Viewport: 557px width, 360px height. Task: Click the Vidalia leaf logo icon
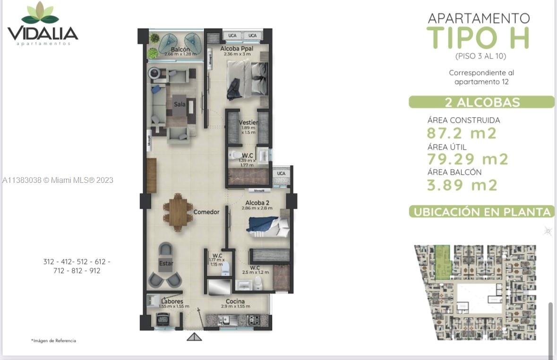click(40, 13)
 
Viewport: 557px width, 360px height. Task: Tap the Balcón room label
click(180, 50)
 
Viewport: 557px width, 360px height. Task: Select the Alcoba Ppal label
click(237, 49)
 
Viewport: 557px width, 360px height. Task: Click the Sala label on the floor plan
click(180, 104)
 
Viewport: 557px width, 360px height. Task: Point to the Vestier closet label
click(248, 122)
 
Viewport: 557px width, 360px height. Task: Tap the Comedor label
click(206, 212)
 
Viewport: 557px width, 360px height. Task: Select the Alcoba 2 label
click(257, 203)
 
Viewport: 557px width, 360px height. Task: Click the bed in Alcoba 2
click(267, 223)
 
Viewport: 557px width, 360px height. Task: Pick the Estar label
click(166, 263)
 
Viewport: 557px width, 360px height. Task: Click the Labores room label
click(172, 301)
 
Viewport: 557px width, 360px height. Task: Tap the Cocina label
click(235, 301)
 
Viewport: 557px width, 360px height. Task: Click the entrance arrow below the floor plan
click(194, 337)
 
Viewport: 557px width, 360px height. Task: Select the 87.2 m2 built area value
click(462, 133)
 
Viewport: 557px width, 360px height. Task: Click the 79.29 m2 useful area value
click(467, 159)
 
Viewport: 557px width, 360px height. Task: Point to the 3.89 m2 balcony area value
click(462, 185)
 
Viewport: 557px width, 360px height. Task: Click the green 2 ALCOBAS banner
click(481, 102)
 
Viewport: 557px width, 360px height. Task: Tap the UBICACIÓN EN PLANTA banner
click(481, 212)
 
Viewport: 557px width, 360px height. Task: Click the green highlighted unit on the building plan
click(442, 262)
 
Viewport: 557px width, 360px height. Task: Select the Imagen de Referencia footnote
click(53, 341)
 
